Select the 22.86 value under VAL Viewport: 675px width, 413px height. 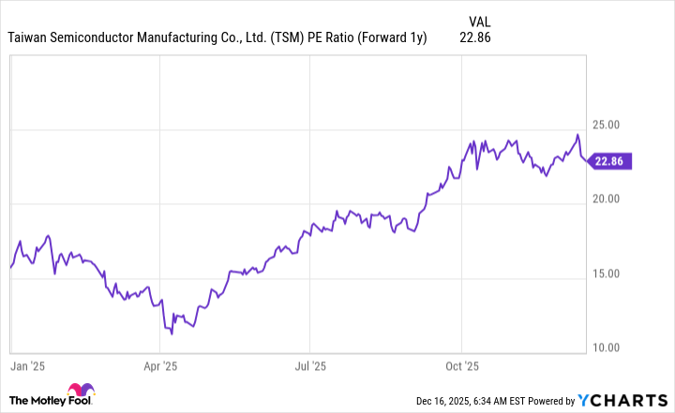(476, 38)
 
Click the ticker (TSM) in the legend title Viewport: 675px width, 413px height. (285, 38)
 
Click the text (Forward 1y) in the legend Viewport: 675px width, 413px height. (394, 38)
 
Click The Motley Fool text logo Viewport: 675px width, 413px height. (36, 400)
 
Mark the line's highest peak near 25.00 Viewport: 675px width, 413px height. (577, 135)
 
